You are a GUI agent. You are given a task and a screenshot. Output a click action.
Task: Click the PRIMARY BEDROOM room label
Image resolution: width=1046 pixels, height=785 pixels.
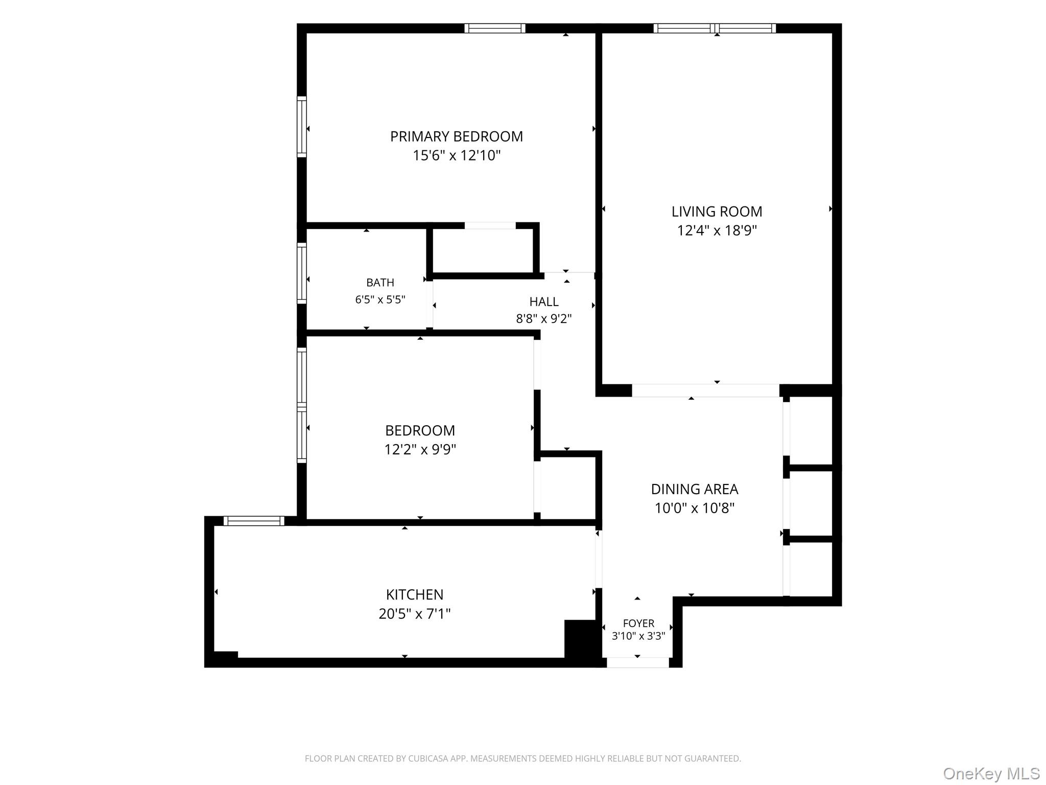point(457,136)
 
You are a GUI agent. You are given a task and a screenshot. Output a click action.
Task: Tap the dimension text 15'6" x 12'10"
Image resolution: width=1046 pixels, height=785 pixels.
point(457,155)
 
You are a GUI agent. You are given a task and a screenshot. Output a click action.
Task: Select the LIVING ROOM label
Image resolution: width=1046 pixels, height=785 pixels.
point(717,212)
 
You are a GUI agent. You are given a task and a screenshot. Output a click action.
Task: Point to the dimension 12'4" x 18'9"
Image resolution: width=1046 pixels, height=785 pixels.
point(717,230)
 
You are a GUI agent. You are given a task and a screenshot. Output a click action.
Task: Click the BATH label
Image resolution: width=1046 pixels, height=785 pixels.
point(380,283)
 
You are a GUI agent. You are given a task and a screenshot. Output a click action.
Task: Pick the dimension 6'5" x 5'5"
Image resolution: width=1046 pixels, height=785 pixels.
point(380,299)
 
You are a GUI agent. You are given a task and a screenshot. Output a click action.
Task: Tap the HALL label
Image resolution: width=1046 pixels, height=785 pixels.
point(543,302)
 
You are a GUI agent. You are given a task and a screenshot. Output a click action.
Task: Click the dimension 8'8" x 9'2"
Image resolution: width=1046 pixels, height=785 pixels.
point(543,319)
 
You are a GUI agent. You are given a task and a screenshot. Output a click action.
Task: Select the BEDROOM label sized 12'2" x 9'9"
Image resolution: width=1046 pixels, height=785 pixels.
point(420,430)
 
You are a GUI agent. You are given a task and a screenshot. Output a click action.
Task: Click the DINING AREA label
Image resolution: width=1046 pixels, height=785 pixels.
point(694,489)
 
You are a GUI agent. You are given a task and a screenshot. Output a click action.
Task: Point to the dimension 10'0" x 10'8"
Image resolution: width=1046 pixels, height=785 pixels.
point(694,508)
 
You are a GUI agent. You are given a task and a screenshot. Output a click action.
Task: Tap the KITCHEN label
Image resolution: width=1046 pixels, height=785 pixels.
point(414,594)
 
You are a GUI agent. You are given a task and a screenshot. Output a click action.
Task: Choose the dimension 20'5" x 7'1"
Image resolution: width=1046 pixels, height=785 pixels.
point(414,613)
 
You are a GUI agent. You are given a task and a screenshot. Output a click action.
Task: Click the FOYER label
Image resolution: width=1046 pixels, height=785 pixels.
point(638,623)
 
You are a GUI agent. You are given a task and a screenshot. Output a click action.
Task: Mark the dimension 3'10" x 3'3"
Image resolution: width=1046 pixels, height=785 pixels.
point(638,636)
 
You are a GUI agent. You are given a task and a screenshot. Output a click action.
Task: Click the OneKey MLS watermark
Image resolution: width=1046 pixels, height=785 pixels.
point(991,774)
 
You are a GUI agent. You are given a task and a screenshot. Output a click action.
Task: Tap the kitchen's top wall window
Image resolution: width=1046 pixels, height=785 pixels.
point(254,521)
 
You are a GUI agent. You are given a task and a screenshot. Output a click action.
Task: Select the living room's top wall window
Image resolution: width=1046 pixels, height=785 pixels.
point(715,28)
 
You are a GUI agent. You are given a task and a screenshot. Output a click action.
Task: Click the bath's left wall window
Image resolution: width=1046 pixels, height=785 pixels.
point(302,273)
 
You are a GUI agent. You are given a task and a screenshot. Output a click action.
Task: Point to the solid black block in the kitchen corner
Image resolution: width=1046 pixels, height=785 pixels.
point(580,639)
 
